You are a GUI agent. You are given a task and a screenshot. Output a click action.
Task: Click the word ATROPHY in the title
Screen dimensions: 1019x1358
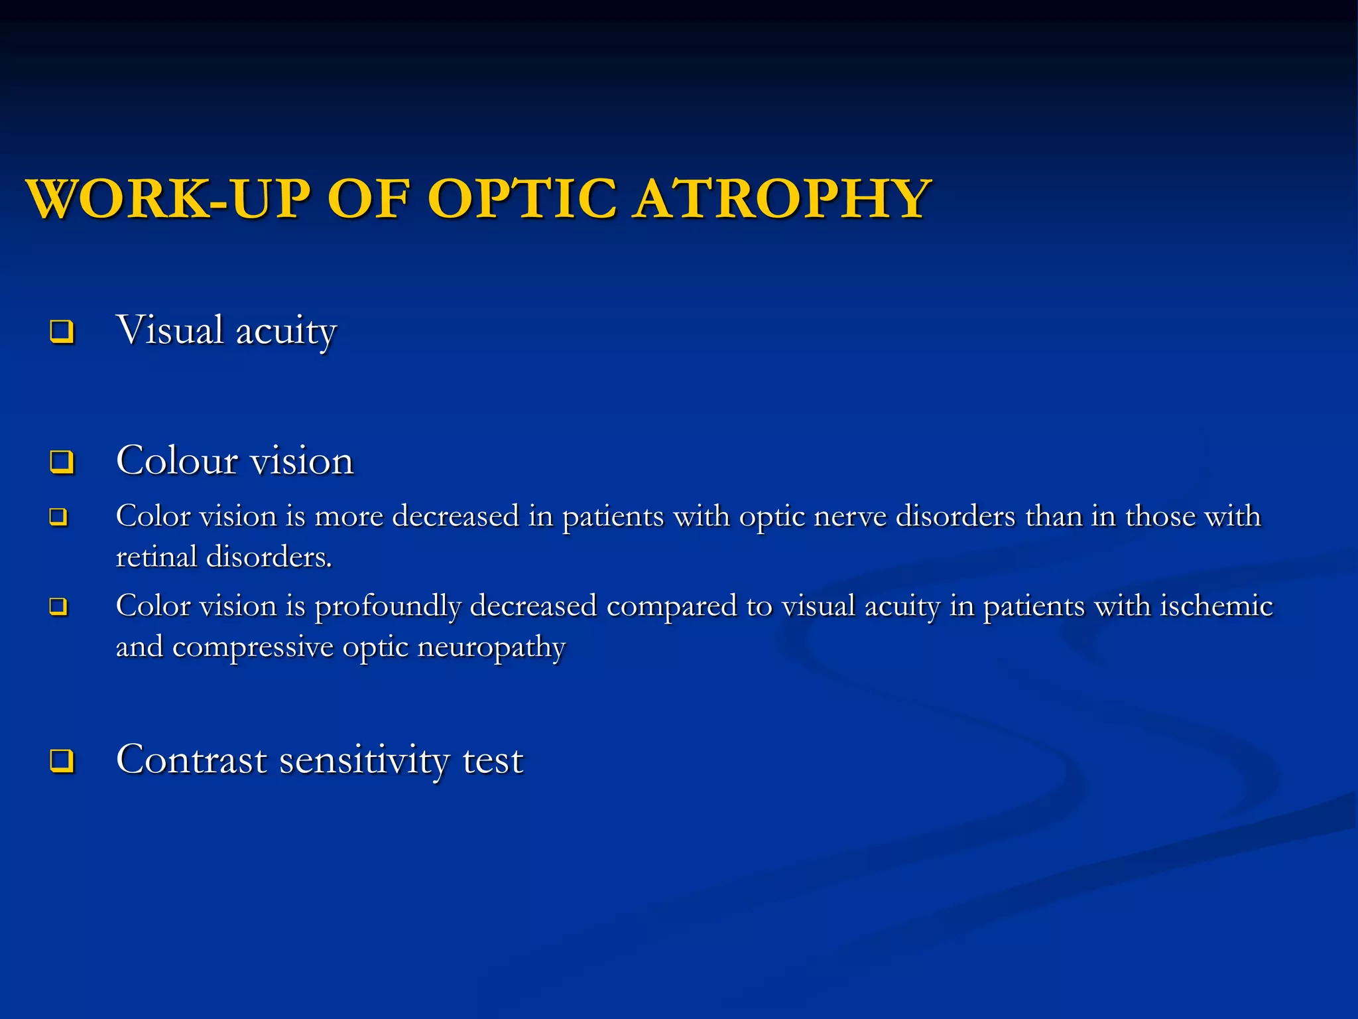click(x=781, y=198)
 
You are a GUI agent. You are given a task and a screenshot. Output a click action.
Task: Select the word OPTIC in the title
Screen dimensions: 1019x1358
click(x=523, y=198)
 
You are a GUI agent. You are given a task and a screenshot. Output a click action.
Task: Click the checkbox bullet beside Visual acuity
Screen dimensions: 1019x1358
click(x=62, y=331)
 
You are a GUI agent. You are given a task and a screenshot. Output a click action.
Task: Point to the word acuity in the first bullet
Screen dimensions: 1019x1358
click(x=286, y=331)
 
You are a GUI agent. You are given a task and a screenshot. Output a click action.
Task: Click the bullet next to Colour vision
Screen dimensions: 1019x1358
click(x=62, y=461)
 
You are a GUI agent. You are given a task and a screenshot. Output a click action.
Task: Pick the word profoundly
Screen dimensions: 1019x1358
click(x=387, y=606)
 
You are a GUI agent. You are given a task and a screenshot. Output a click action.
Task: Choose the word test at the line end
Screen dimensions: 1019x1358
click(x=493, y=760)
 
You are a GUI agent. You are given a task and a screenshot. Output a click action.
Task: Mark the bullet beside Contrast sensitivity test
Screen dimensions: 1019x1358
click(x=62, y=760)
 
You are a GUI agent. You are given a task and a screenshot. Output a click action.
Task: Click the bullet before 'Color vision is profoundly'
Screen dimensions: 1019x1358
click(x=58, y=606)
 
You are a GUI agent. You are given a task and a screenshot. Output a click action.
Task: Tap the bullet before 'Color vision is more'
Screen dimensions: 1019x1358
click(x=58, y=517)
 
